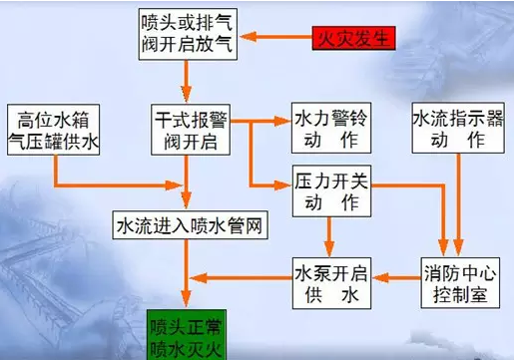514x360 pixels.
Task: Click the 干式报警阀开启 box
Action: click(192, 128)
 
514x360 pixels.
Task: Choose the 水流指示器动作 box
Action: click(455, 128)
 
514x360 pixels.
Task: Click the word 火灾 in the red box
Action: click(339, 39)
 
